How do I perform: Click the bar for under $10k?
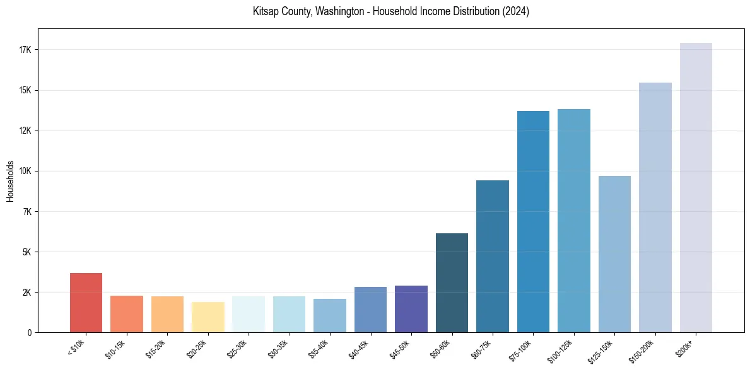86,303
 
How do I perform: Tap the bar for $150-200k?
655,207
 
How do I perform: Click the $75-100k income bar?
533,221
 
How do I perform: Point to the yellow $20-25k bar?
208,317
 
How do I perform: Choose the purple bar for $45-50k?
411,309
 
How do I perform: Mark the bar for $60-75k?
493,256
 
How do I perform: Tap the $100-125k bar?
574,221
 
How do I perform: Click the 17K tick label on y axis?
26,50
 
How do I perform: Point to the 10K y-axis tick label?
26,171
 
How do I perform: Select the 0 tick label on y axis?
29,332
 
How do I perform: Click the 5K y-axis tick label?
27,252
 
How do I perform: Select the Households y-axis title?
10,181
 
